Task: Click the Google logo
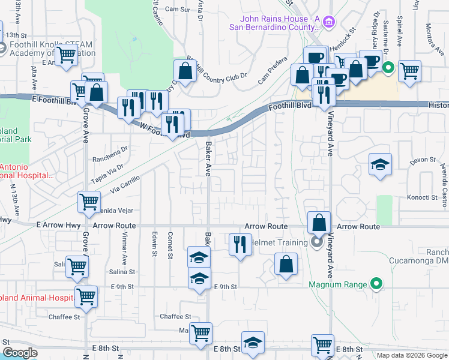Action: [20, 353]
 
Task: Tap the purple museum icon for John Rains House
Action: [328, 23]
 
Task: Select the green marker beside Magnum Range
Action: [376, 283]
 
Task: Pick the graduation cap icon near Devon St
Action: [379, 165]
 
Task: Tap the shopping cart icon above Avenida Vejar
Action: [89, 202]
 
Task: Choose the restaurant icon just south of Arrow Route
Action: [240, 244]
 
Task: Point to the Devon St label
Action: [423, 160]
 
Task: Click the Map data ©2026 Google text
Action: [412, 355]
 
